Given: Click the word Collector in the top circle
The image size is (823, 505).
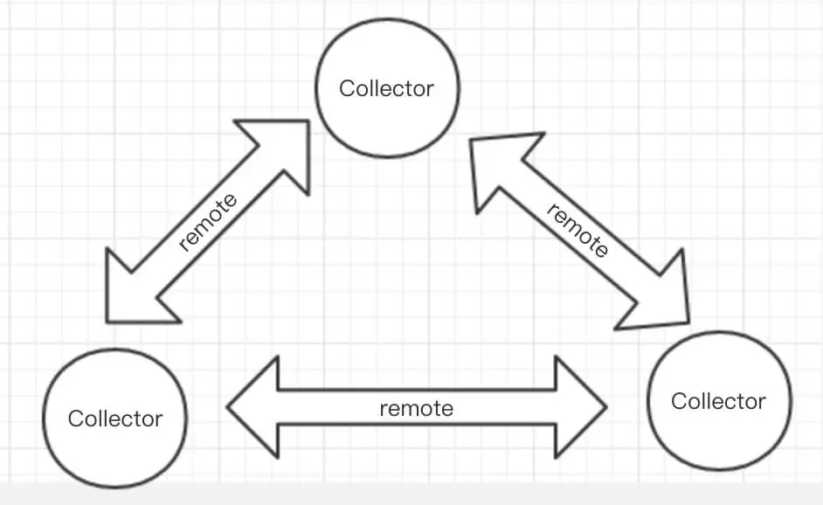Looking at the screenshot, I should coord(386,88).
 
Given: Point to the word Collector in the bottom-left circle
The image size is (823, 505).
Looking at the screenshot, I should coord(114,419).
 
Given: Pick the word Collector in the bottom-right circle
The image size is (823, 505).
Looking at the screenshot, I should coord(718,401).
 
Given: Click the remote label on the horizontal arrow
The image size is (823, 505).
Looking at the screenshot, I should coord(417,408).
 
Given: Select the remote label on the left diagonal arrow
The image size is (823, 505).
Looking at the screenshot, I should coord(207,223).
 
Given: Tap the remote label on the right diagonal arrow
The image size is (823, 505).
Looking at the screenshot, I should coord(577,230).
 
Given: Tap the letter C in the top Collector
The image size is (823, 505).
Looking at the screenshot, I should coord(346,88).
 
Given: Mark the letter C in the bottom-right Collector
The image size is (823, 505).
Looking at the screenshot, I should coord(678,401).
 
